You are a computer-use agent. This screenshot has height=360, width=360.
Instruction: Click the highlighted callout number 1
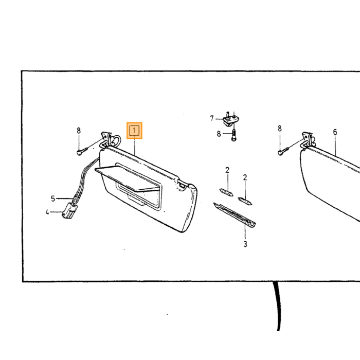coord(134,131)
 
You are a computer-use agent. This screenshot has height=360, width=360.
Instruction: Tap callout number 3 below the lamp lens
coord(245,244)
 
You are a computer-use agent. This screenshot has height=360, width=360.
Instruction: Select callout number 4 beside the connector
coord(47,212)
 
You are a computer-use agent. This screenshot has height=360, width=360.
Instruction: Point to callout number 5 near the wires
coord(53,199)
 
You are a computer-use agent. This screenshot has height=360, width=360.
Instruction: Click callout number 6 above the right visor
coord(335,132)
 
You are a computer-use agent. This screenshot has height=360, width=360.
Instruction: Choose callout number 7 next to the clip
coord(212,118)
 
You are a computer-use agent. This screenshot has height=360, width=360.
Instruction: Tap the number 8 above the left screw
coord(79,131)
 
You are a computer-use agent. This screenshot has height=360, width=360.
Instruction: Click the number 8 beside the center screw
coord(219,134)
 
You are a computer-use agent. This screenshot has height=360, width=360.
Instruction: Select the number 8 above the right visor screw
coord(280,129)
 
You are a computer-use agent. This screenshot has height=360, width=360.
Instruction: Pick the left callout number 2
coord(227,170)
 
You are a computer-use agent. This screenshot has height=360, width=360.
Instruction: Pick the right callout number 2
coord(245,177)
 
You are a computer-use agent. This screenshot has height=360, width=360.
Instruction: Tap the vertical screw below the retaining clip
coord(233,135)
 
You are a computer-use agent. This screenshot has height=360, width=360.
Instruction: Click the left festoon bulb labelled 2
coord(226,192)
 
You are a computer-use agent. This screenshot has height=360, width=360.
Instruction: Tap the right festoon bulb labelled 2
coord(245,201)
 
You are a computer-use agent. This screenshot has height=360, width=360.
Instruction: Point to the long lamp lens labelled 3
coord(235,215)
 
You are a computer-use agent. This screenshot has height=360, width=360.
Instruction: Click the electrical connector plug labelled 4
coord(69,210)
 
